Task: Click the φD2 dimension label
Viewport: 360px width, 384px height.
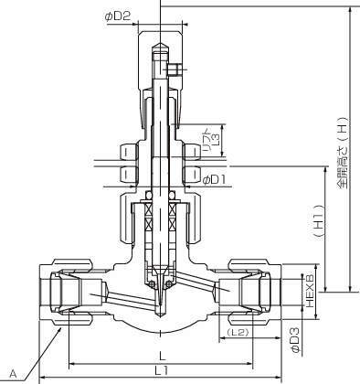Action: tap(118, 16)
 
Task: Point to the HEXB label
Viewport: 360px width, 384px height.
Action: tap(309, 291)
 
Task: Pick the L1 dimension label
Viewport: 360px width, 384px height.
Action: tap(162, 370)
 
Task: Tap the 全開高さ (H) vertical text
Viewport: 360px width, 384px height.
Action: tap(343, 153)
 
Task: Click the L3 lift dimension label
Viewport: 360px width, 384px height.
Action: tap(217, 141)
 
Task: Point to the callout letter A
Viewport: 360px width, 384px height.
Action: tap(13, 373)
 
